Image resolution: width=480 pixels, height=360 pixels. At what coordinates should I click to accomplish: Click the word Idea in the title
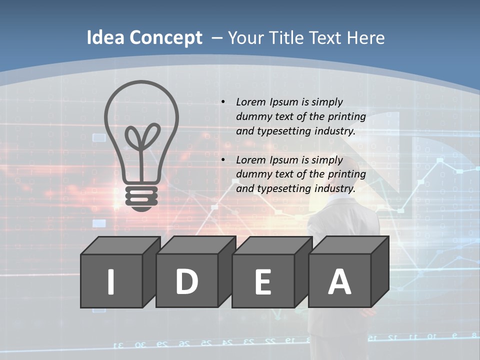pos(105,38)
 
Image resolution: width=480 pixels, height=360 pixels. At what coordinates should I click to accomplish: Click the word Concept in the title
pos(165,38)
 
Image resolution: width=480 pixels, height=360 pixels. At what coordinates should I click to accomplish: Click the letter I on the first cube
pos(111,281)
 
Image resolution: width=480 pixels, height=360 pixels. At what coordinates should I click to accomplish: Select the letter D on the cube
pos(186,281)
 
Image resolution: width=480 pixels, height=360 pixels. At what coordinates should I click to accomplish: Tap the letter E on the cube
pos(262,282)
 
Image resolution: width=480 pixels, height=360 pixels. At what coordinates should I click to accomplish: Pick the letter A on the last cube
pos(339,281)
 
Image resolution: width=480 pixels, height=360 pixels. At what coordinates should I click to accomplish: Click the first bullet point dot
pos(223,102)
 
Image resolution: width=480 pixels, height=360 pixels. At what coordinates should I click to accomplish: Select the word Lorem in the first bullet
pos(251,102)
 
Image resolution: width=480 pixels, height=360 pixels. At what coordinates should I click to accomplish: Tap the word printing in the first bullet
pos(347,117)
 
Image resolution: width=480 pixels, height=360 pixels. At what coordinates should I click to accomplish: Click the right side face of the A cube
pos(380,272)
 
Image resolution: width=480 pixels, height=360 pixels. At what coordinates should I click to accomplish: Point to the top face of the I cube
pos(120,245)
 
